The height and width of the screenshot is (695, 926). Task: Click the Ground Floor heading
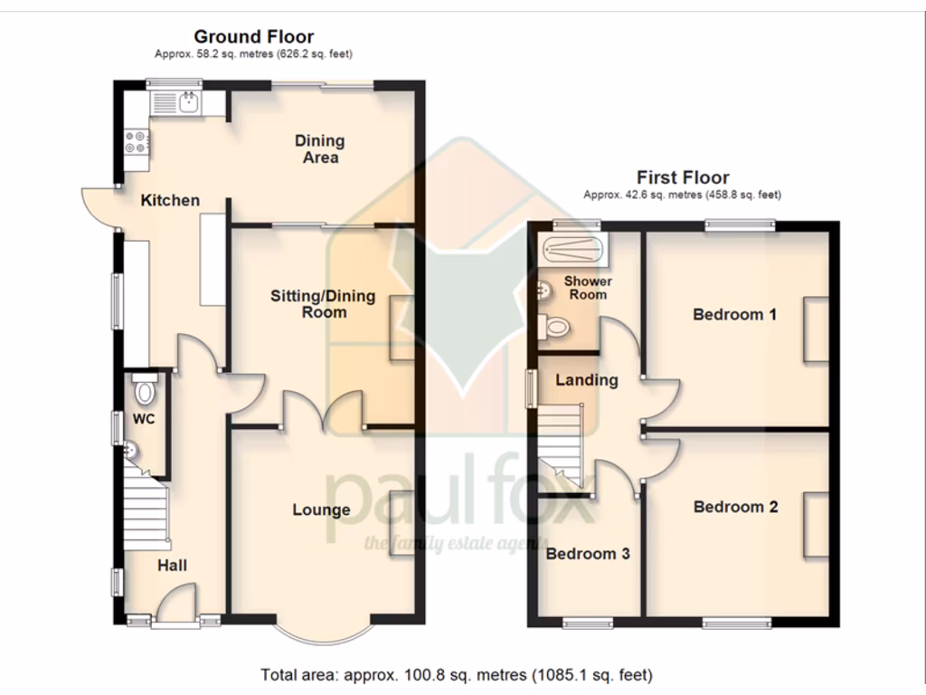click(x=254, y=37)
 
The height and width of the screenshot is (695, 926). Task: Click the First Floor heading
click(x=682, y=177)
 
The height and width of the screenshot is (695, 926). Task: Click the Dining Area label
click(x=320, y=148)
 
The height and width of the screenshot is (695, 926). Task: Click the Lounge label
click(x=321, y=510)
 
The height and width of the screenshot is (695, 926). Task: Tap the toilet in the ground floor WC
click(x=143, y=390)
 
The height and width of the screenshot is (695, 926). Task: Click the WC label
click(x=144, y=419)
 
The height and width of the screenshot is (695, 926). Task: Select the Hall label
click(x=173, y=566)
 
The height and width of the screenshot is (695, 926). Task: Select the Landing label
click(x=586, y=380)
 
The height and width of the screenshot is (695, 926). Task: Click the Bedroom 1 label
click(x=734, y=315)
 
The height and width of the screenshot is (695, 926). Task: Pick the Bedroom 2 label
click(x=735, y=507)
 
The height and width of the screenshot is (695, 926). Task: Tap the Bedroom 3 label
click(x=588, y=554)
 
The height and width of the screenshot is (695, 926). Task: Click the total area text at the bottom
click(x=456, y=674)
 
